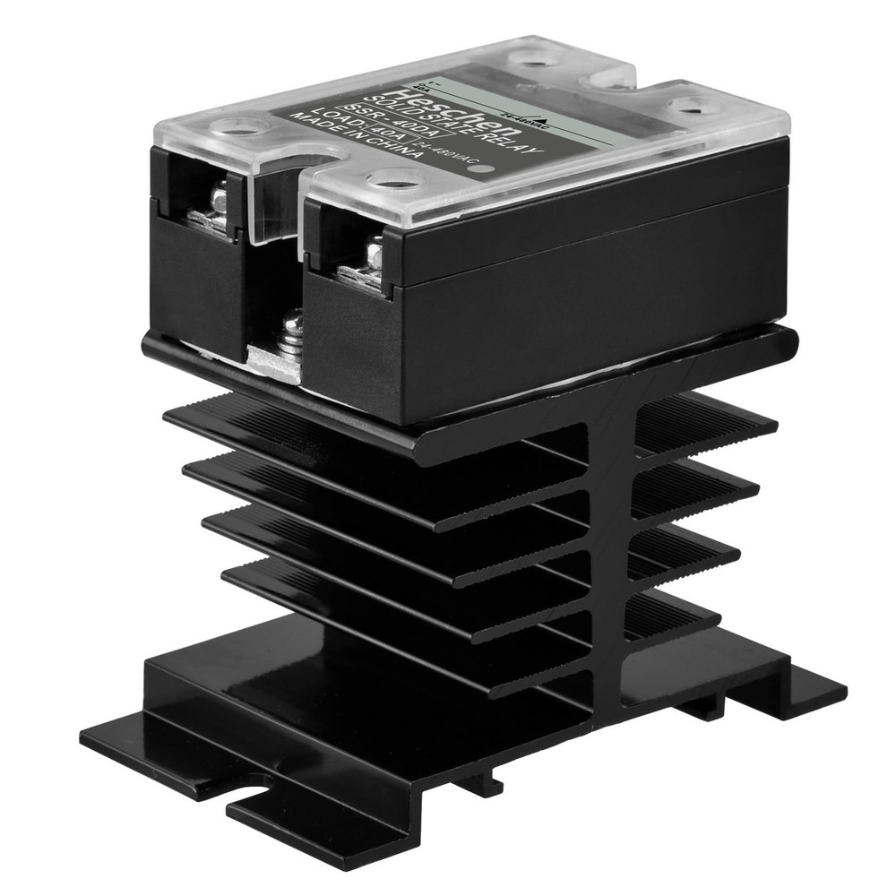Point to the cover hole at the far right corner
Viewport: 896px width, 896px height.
(x=690, y=106)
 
